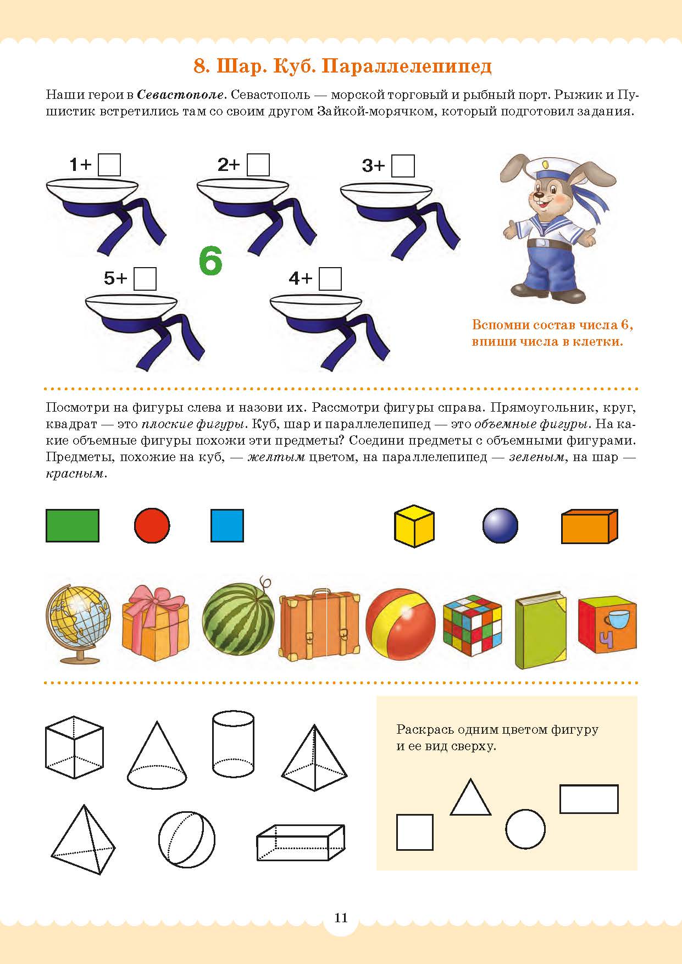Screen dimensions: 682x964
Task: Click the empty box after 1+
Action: pyautogui.click(x=109, y=165)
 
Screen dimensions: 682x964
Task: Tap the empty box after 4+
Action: pyautogui.click(x=330, y=279)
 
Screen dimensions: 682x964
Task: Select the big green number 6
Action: pyautogui.click(x=210, y=261)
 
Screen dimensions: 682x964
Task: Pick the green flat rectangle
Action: pyautogui.click(x=73, y=526)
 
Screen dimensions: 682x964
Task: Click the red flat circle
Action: pyautogui.click(x=152, y=525)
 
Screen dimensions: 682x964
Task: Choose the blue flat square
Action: pyautogui.click(x=227, y=525)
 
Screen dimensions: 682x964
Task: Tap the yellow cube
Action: pyautogui.click(x=414, y=526)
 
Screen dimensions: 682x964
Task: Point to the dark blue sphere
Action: pyautogui.click(x=500, y=525)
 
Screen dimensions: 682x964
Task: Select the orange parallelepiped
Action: pyautogui.click(x=589, y=527)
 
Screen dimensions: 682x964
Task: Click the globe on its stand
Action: pyautogui.click(x=79, y=624)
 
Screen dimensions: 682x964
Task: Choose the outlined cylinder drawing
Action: pyautogui.click(x=233, y=744)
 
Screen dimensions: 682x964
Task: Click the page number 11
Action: pyautogui.click(x=341, y=917)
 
